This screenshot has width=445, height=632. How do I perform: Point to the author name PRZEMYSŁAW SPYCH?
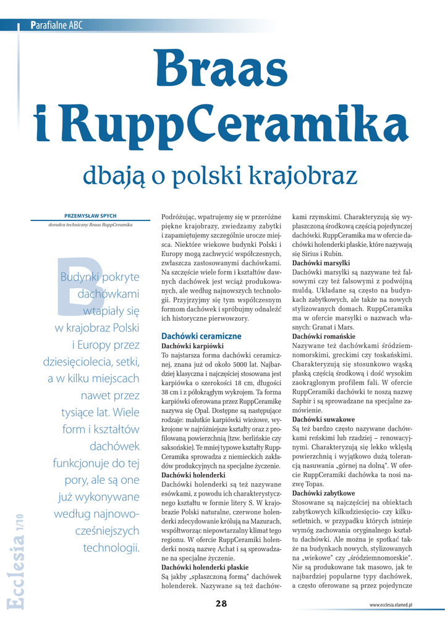(x=90, y=216)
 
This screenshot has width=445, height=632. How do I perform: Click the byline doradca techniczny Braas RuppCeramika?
(x=90, y=225)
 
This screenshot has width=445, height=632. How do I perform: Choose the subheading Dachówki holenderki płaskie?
(x=205, y=567)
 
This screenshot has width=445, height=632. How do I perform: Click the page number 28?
(x=221, y=604)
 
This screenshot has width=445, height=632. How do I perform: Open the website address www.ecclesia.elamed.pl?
(x=391, y=605)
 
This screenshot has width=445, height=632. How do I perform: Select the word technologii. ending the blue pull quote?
(x=111, y=547)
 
